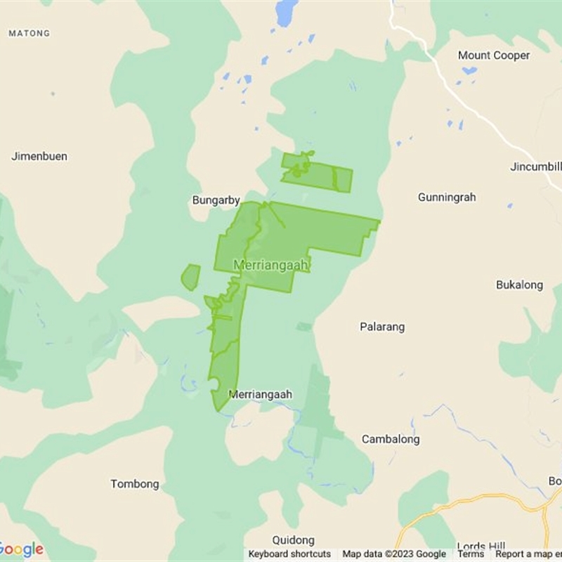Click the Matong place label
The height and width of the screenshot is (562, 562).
click(29, 33)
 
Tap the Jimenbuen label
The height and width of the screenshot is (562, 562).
click(39, 156)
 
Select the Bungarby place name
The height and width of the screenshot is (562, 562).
click(216, 200)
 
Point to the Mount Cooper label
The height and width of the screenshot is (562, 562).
click(494, 55)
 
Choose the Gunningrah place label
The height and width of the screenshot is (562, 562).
click(447, 197)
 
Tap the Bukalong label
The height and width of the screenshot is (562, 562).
click(519, 285)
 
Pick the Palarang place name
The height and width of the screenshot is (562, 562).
click(382, 327)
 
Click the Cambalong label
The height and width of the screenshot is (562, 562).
click(391, 439)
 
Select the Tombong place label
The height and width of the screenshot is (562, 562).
click(135, 484)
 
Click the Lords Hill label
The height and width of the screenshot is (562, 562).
click(481, 546)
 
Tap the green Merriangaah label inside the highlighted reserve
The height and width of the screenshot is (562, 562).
click(271, 266)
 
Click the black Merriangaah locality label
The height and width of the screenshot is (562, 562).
click(260, 395)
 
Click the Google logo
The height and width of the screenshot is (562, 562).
click(21, 549)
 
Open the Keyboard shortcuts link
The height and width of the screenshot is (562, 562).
click(289, 554)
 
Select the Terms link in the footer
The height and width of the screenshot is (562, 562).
click(471, 554)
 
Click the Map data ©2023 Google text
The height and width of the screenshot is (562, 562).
click(394, 554)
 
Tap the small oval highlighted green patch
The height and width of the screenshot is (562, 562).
click(190, 277)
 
